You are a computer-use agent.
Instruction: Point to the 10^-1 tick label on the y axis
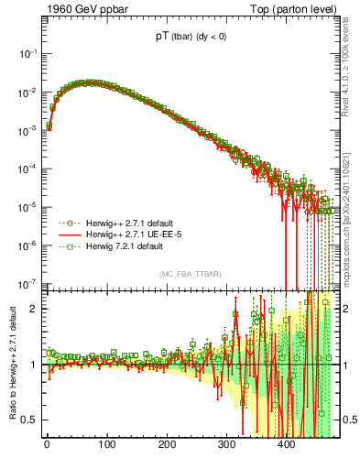27,54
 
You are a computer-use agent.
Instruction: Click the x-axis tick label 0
47,446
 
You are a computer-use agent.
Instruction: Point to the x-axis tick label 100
106,446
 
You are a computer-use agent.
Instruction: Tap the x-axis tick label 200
167,446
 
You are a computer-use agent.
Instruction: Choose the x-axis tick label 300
226,446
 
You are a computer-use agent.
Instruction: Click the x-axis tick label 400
286,446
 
